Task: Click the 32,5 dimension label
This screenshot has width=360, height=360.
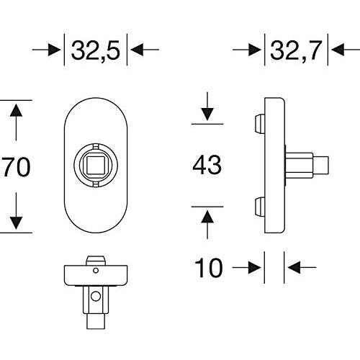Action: pyautogui.click(x=96, y=51)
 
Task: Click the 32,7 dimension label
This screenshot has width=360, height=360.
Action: pyautogui.click(x=296, y=51)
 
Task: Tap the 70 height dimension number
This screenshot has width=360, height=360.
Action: pyautogui.click(x=17, y=166)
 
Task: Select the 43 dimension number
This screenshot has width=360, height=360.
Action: pyautogui.click(x=207, y=165)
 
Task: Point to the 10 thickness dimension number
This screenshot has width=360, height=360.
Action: pyautogui.click(x=208, y=268)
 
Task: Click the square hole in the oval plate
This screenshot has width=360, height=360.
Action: pyautogui.click(x=96, y=165)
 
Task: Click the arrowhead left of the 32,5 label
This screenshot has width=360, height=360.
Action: pyautogui.click(x=54, y=50)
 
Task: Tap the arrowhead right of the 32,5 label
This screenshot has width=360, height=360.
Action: pyautogui.click(x=137, y=50)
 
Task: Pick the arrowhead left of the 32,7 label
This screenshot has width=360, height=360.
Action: pyautogui.click(x=254, y=50)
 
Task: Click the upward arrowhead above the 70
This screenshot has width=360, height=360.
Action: pyautogui.click(x=16, y=110)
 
